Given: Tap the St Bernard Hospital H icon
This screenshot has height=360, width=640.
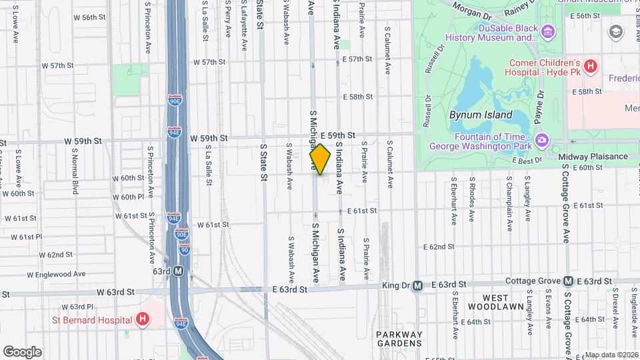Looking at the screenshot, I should (x=141, y=319).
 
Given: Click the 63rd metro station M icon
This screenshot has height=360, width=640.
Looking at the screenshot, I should (x=178, y=271).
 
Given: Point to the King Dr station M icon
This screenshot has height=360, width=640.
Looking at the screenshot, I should (x=417, y=285).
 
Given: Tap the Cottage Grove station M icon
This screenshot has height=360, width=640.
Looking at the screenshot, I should (x=568, y=281).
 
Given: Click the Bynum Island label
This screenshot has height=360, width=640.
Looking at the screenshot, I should (x=471, y=115).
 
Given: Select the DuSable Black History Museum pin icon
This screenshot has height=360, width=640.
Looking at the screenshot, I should (x=548, y=31).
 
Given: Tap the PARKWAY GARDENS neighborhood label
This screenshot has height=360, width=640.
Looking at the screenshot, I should (x=399, y=339).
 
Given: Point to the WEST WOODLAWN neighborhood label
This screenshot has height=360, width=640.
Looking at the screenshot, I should (x=497, y=301).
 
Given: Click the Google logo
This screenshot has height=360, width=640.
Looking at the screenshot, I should (x=23, y=351).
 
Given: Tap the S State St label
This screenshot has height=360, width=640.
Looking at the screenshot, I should (x=263, y=162).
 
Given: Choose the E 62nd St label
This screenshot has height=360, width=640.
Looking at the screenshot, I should (x=439, y=247).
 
